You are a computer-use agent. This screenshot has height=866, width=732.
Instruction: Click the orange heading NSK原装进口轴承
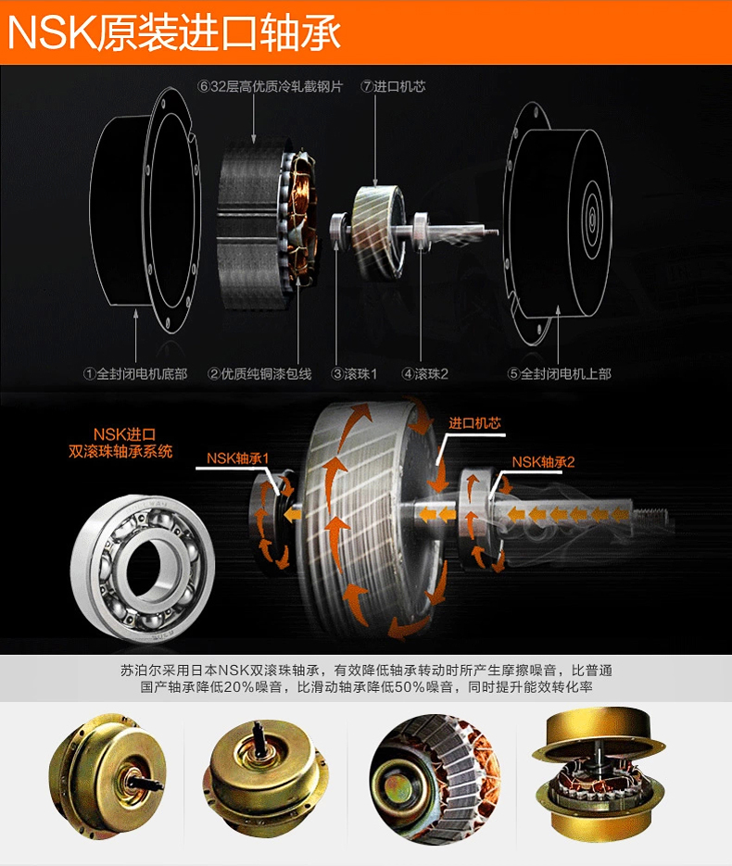174,32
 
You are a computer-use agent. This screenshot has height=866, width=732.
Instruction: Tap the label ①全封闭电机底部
135,374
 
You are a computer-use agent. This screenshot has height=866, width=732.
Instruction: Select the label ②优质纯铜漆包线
259,374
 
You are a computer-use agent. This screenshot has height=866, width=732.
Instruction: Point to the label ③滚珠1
354,374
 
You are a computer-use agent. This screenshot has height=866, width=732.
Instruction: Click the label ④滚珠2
424,374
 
